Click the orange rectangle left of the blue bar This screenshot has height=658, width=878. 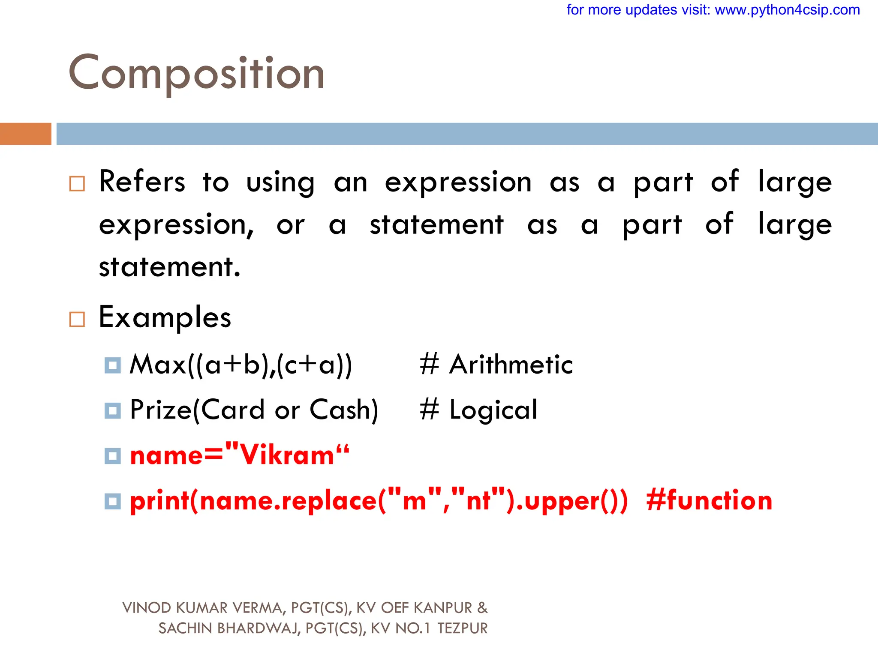click(25, 134)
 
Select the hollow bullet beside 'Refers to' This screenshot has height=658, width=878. click(77, 184)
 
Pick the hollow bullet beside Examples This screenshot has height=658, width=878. click(77, 319)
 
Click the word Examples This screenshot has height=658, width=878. click(165, 318)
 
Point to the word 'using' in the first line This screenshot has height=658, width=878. click(280, 182)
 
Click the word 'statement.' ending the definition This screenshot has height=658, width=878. click(170, 267)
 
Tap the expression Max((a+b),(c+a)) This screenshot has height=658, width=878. click(241, 365)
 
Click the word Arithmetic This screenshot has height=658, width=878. click(511, 365)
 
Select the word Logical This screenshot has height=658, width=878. click(493, 410)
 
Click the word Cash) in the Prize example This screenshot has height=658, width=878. click(344, 410)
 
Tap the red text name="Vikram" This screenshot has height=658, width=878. click(240, 455)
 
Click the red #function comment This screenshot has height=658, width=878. click(709, 500)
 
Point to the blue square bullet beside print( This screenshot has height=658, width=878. click(113, 501)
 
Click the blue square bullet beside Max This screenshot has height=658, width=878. click(113, 365)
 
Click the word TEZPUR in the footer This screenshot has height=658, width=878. click(463, 628)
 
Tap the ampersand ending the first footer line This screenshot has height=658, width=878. click(482, 608)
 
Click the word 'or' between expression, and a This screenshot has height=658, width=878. click(291, 225)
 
